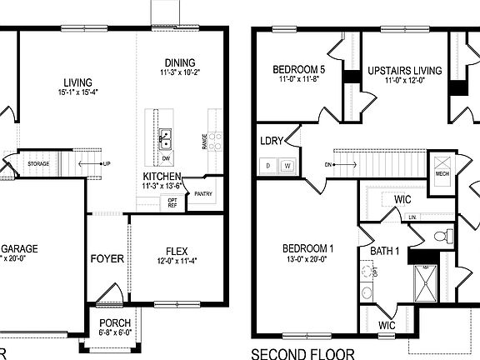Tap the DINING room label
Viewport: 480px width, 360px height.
[x=179, y=62]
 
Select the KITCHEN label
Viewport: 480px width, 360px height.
[x=160, y=177]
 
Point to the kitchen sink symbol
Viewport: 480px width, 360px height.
[x=166, y=135]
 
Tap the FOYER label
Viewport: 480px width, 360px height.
[x=107, y=258]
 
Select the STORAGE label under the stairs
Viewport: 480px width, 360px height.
[x=38, y=163]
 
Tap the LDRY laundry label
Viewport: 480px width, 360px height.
[x=271, y=141]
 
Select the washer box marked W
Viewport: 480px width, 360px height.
[x=287, y=166]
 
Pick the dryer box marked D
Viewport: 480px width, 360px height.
[x=269, y=166]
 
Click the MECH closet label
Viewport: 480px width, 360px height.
[x=442, y=173]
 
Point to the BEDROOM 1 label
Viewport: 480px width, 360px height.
[x=307, y=248]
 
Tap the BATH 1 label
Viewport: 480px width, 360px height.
[x=385, y=251]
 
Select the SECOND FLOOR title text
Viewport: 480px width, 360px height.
[x=302, y=352]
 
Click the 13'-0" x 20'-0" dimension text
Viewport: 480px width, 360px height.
[x=307, y=259]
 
